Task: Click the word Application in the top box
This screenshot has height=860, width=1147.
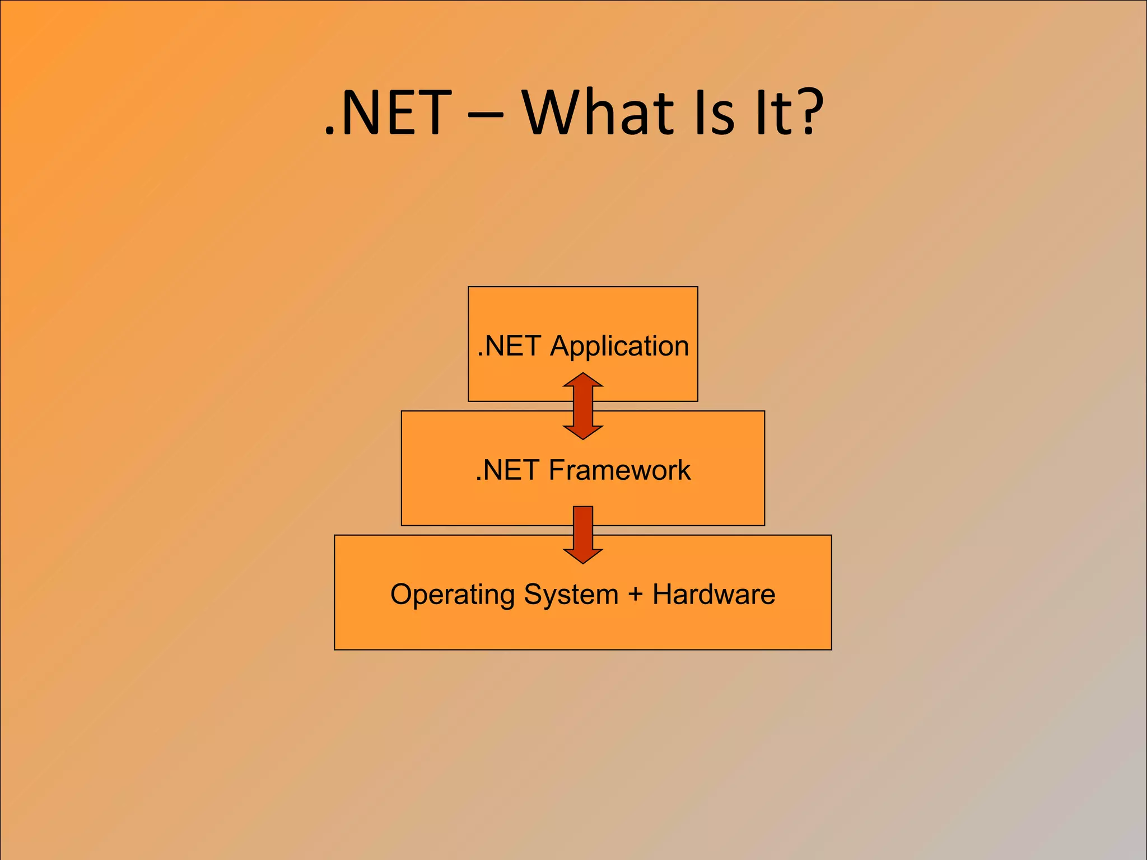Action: [619, 346]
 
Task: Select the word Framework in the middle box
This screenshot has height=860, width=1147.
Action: [619, 470]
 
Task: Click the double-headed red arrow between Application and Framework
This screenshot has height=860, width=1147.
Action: [583, 406]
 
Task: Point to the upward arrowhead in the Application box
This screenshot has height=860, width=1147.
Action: [583, 380]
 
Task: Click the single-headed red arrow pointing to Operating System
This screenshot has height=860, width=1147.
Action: [583, 532]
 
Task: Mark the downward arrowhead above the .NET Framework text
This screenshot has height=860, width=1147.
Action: [583, 432]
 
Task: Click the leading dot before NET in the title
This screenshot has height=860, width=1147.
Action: [330, 133]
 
